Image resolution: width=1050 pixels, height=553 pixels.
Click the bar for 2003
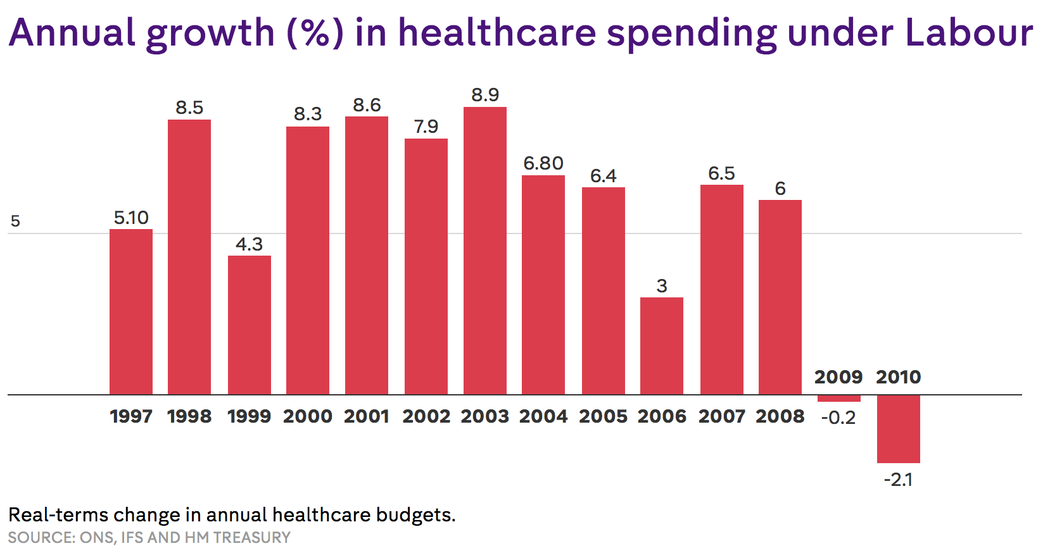pyautogui.click(x=484, y=251)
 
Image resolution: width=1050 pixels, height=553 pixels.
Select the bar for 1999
pyautogui.click(x=249, y=325)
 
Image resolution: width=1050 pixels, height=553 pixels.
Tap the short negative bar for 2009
pyautogui.click(x=838, y=399)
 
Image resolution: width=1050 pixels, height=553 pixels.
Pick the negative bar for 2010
pyautogui.click(x=898, y=428)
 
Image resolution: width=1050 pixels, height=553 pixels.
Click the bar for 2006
pyautogui.click(x=661, y=345)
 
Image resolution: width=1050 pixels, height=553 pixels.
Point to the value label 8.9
pyautogui.click(x=484, y=95)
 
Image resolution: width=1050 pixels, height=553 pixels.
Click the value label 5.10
pyautogui.click(x=131, y=218)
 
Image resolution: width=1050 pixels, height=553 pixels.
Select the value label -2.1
pyautogui.click(x=898, y=480)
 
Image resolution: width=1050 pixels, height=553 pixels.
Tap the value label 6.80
pyautogui.click(x=543, y=163)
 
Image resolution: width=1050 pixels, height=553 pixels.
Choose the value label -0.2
pyautogui.click(x=838, y=418)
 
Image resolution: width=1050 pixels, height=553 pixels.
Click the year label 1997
pyautogui.click(x=131, y=416)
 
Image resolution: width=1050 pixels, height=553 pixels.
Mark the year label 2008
pyautogui.click(x=780, y=416)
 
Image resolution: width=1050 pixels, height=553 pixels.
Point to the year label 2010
pyautogui.click(x=898, y=377)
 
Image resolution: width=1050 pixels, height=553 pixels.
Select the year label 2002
pyautogui.click(x=426, y=416)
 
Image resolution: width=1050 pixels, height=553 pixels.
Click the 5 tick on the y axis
pyautogui.click(x=15, y=221)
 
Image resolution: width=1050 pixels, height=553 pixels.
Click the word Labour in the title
pyautogui.click(x=969, y=33)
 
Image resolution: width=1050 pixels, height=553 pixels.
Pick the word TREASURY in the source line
pyautogui.click(x=252, y=537)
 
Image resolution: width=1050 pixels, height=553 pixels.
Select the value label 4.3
pyautogui.click(x=249, y=244)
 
